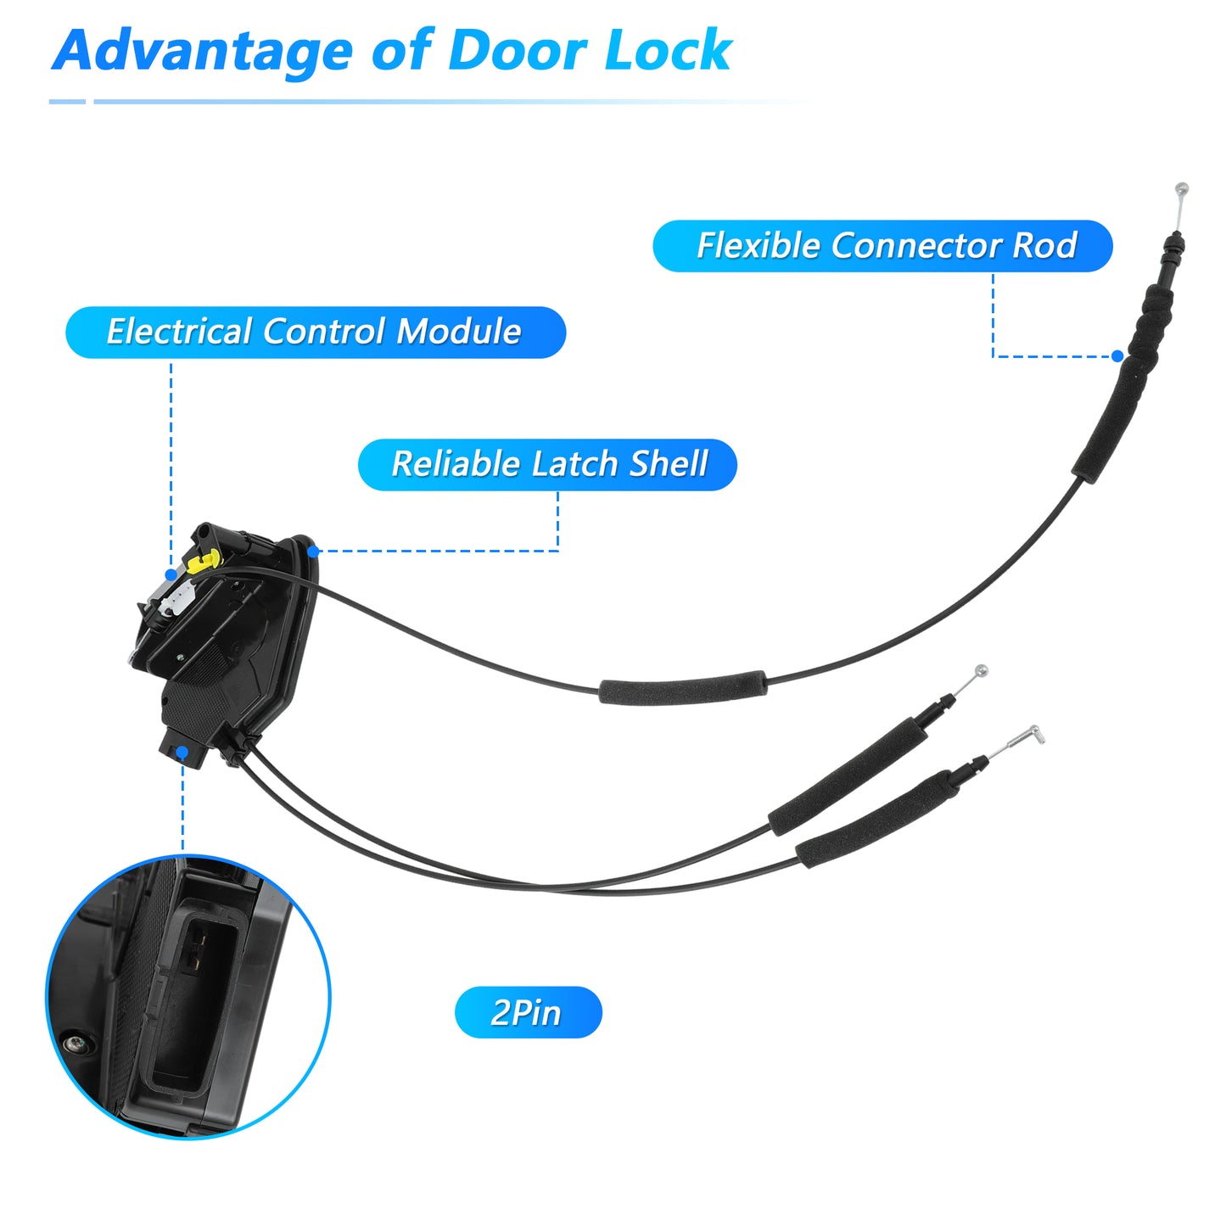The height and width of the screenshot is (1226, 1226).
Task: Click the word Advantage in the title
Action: point(202,52)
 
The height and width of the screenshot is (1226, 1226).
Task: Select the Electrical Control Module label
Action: point(316,332)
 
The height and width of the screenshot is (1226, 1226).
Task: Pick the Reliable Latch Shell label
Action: point(547,464)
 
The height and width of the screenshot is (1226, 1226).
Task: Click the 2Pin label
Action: point(528,1012)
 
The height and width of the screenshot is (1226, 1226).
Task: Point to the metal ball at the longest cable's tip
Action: point(1182,188)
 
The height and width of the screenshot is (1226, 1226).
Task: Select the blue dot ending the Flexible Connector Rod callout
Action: point(1117,356)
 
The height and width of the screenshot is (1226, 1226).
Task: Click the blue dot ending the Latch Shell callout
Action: point(313,551)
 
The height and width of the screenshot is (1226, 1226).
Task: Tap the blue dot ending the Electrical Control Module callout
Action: point(171,574)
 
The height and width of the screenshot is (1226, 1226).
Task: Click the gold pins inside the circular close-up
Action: point(199,948)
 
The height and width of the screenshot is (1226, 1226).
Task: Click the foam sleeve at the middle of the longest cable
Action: point(683,687)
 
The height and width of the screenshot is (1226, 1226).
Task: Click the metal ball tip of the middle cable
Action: point(982,670)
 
